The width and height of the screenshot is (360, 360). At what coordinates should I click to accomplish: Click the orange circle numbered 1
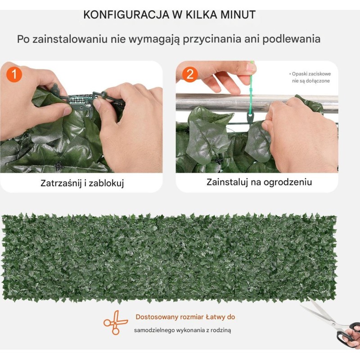coord(14,74)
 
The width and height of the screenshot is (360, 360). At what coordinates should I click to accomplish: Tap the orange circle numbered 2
coord(190,74)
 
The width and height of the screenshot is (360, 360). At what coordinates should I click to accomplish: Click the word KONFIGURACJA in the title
coord(126,15)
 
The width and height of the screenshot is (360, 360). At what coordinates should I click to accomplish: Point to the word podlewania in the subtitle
coord(291,39)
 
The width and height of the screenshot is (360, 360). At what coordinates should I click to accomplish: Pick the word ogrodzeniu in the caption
coord(288,182)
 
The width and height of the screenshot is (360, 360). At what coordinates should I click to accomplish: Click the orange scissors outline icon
coord(116,323)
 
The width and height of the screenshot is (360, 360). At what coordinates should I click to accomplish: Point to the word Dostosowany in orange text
coord(157,317)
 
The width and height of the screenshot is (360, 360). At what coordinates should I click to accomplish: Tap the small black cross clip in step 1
coord(59,165)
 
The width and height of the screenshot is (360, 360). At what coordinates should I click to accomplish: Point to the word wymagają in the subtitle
coord(153,39)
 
